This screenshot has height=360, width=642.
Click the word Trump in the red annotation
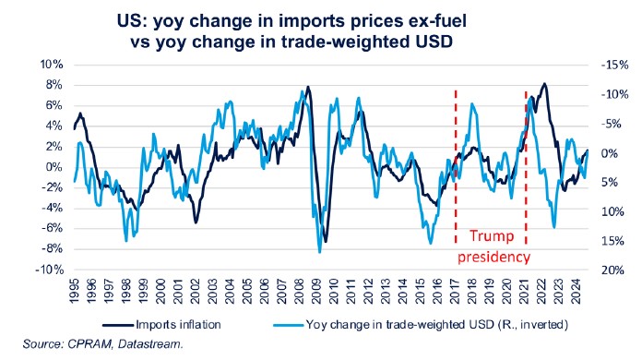tap(491, 236)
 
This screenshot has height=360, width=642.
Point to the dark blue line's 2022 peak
tap(544, 84)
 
